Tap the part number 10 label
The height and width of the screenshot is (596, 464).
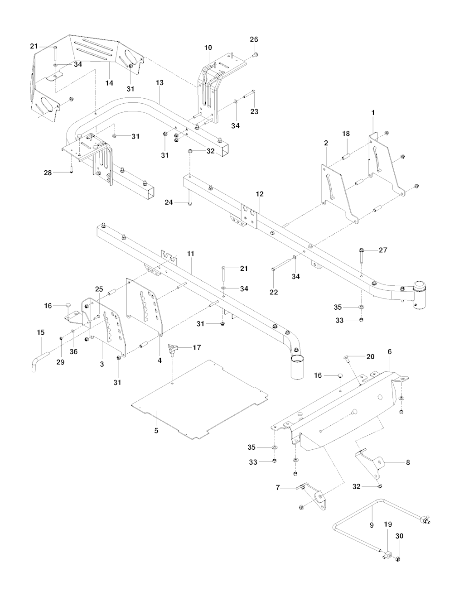click(208, 47)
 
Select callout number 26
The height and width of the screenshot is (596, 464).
click(254, 39)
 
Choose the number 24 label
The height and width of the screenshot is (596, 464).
click(169, 202)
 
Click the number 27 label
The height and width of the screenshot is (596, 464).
click(383, 250)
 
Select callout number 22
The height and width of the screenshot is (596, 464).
click(274, 292)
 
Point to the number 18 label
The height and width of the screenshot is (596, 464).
click(346, 134)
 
